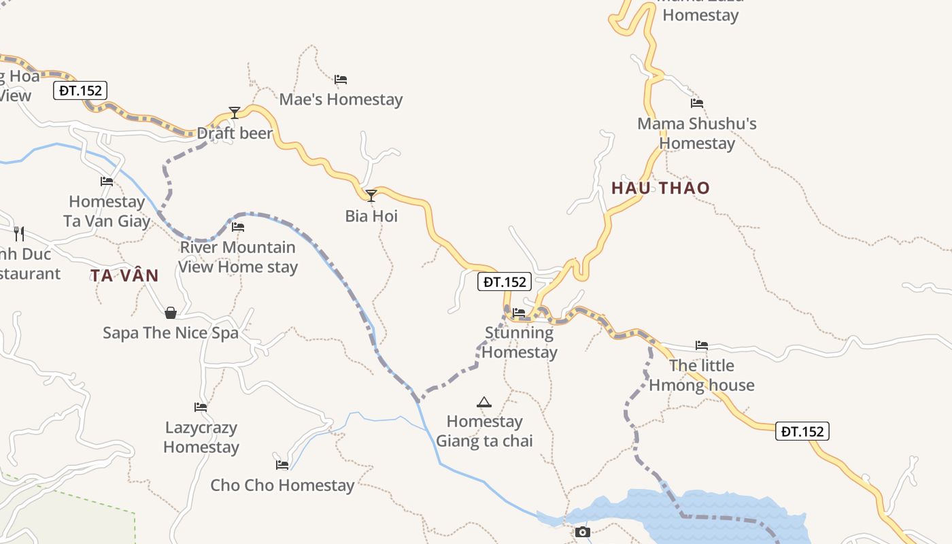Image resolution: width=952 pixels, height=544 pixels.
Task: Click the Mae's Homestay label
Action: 341,99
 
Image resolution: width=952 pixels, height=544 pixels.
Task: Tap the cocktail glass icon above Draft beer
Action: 235,112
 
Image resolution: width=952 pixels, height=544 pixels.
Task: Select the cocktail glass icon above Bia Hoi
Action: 371,196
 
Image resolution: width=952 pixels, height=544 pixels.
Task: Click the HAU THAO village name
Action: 660,188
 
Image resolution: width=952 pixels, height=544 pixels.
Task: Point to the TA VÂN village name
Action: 124,275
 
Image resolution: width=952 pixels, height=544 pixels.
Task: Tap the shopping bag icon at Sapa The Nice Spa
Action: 171,313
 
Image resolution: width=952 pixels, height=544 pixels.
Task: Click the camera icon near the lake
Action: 583,532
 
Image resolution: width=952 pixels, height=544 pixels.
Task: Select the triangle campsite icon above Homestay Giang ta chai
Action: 483,402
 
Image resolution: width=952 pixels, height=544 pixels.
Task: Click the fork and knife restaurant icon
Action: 19,234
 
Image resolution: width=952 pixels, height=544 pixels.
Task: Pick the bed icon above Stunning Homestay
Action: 519,313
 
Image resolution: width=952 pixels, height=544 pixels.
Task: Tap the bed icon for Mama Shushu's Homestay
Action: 697,103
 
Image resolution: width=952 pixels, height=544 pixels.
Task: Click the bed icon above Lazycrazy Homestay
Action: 201,407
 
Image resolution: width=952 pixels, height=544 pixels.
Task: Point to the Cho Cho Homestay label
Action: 282,486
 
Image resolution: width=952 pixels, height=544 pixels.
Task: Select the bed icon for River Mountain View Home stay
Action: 238,227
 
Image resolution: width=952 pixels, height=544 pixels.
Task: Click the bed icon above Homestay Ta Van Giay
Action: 107,182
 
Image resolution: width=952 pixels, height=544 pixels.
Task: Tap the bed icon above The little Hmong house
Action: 702,345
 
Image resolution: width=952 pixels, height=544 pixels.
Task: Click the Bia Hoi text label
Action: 371,216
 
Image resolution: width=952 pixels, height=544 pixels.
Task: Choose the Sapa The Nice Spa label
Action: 171,333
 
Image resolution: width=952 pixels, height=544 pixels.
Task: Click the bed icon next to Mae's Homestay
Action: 341,80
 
